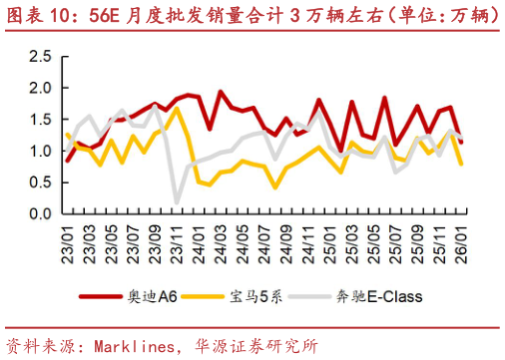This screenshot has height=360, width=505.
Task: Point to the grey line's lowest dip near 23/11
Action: pyautogui.click(x=178, y=202)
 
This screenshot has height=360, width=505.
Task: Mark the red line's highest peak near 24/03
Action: pyautogui.click(x=221, y=93)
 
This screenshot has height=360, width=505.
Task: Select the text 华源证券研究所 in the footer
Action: pyautogui.click(x=254, y=347)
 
